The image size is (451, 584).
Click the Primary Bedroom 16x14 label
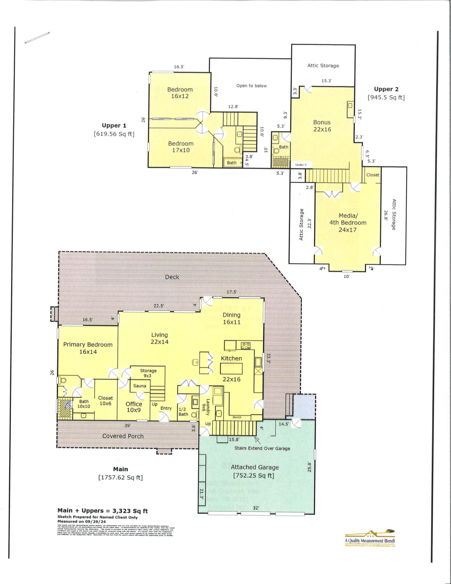(x=88, y=348)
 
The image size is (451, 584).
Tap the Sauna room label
(x=140, y=386)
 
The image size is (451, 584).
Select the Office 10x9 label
(x=134, y=407)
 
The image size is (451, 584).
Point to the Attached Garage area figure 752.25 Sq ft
(x=253, y=475)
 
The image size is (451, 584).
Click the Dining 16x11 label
(x=231, y=318)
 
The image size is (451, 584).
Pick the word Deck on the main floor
(x=172, y=277)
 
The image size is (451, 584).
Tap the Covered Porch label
(x=123, y=436)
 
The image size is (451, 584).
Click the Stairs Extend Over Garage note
(x=262, y=448)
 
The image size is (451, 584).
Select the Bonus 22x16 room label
(x=322, y=126)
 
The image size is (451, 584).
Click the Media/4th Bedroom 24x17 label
(x=348, y=223)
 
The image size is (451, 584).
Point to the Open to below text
(x=251, y=86)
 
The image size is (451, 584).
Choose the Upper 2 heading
(x=386, y=89)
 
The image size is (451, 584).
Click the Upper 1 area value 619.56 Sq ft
(x=114, y=134)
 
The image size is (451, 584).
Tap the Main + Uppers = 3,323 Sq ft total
(x=102, y=511)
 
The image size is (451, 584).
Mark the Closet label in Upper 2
(x=372, y=175)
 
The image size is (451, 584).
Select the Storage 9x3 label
(x=148, y=373)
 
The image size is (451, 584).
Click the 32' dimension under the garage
(x=256, y=508)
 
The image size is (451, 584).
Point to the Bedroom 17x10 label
(x=181, y=147)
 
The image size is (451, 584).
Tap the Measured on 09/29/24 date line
(x=81, y=521)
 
